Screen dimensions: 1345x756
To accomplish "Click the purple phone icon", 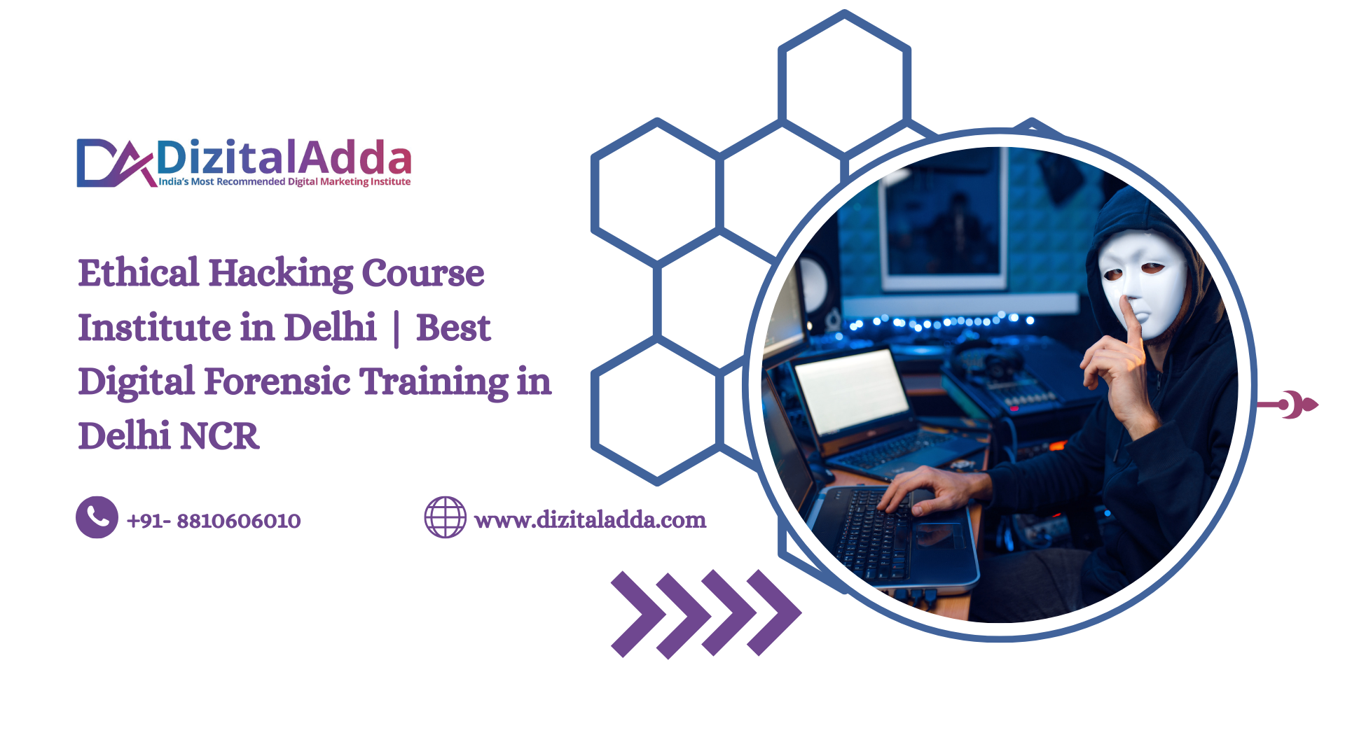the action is click(x=97, y=517).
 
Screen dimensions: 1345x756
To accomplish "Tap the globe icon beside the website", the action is click(x=446, y=517).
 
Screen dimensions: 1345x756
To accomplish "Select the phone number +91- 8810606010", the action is click(x=214, y=521).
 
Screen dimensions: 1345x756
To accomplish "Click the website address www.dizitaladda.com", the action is click(x=591, y=519).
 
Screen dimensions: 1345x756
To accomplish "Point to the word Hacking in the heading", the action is click(x=280, y=274).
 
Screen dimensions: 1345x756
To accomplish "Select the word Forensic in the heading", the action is click(x=277, y=381).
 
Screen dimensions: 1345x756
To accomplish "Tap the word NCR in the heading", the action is click(x=219, y=436).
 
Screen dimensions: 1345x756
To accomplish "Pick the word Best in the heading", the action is click(x=453, y=328).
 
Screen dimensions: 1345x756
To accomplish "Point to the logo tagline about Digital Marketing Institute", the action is click(x=284, y=181).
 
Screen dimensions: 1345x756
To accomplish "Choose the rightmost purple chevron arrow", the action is click(x=773, y=612).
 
